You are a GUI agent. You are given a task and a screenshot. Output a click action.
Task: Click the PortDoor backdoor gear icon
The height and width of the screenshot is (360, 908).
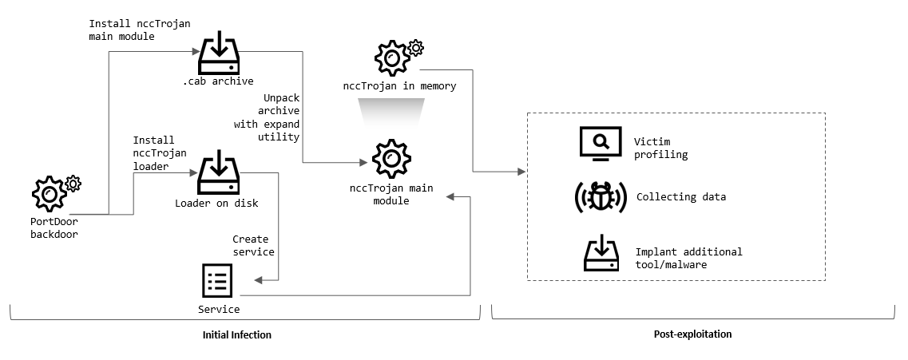pyautogui.click(x=50, y=193)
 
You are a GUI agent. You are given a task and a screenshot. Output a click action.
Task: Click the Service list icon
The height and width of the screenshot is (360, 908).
pyautogui.click(x=218, y=281)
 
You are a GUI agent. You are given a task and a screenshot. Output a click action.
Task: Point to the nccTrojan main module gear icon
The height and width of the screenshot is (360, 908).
pyautogui.click(x=391, y=160)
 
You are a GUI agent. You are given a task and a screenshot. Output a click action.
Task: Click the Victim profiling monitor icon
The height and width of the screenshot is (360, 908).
pyautogui.click(x=600, y=144)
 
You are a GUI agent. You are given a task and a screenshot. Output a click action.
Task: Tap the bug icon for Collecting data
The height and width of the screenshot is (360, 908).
pyautogui.click(x=601, y=197)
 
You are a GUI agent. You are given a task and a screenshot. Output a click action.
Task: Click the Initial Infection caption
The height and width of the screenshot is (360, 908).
pyautogui.click(x=237, y=335)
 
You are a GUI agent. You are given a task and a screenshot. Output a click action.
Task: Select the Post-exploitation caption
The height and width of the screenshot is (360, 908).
pyautogui.click(x=688, y=334)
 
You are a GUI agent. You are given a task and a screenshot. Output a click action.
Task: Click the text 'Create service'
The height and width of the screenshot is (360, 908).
pyautogui.click(x=253, y=245)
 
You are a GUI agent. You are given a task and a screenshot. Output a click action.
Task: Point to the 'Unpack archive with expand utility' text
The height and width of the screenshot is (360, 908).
pyautogui.click(x=267, y=117)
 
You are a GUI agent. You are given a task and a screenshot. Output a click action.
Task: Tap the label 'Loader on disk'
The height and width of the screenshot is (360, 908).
pyautogui.click(x=216, y=204)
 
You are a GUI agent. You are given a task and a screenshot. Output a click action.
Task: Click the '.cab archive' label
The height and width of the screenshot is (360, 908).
pyautogui.click(x=217, y=81)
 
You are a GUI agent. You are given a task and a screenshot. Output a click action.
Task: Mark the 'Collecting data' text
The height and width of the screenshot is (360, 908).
pyautogui.click(x=680, y=197)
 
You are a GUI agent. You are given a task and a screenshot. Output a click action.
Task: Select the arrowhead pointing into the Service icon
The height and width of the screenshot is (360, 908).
pyautogui.click(x=256, y=281)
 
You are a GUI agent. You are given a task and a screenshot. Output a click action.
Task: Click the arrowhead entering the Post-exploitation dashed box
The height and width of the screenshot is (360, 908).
pyautogui.click(x=523, y=172)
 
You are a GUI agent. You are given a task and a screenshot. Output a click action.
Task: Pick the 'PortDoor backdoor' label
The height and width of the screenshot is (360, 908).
pyautogui.click(x=54, y=228)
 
